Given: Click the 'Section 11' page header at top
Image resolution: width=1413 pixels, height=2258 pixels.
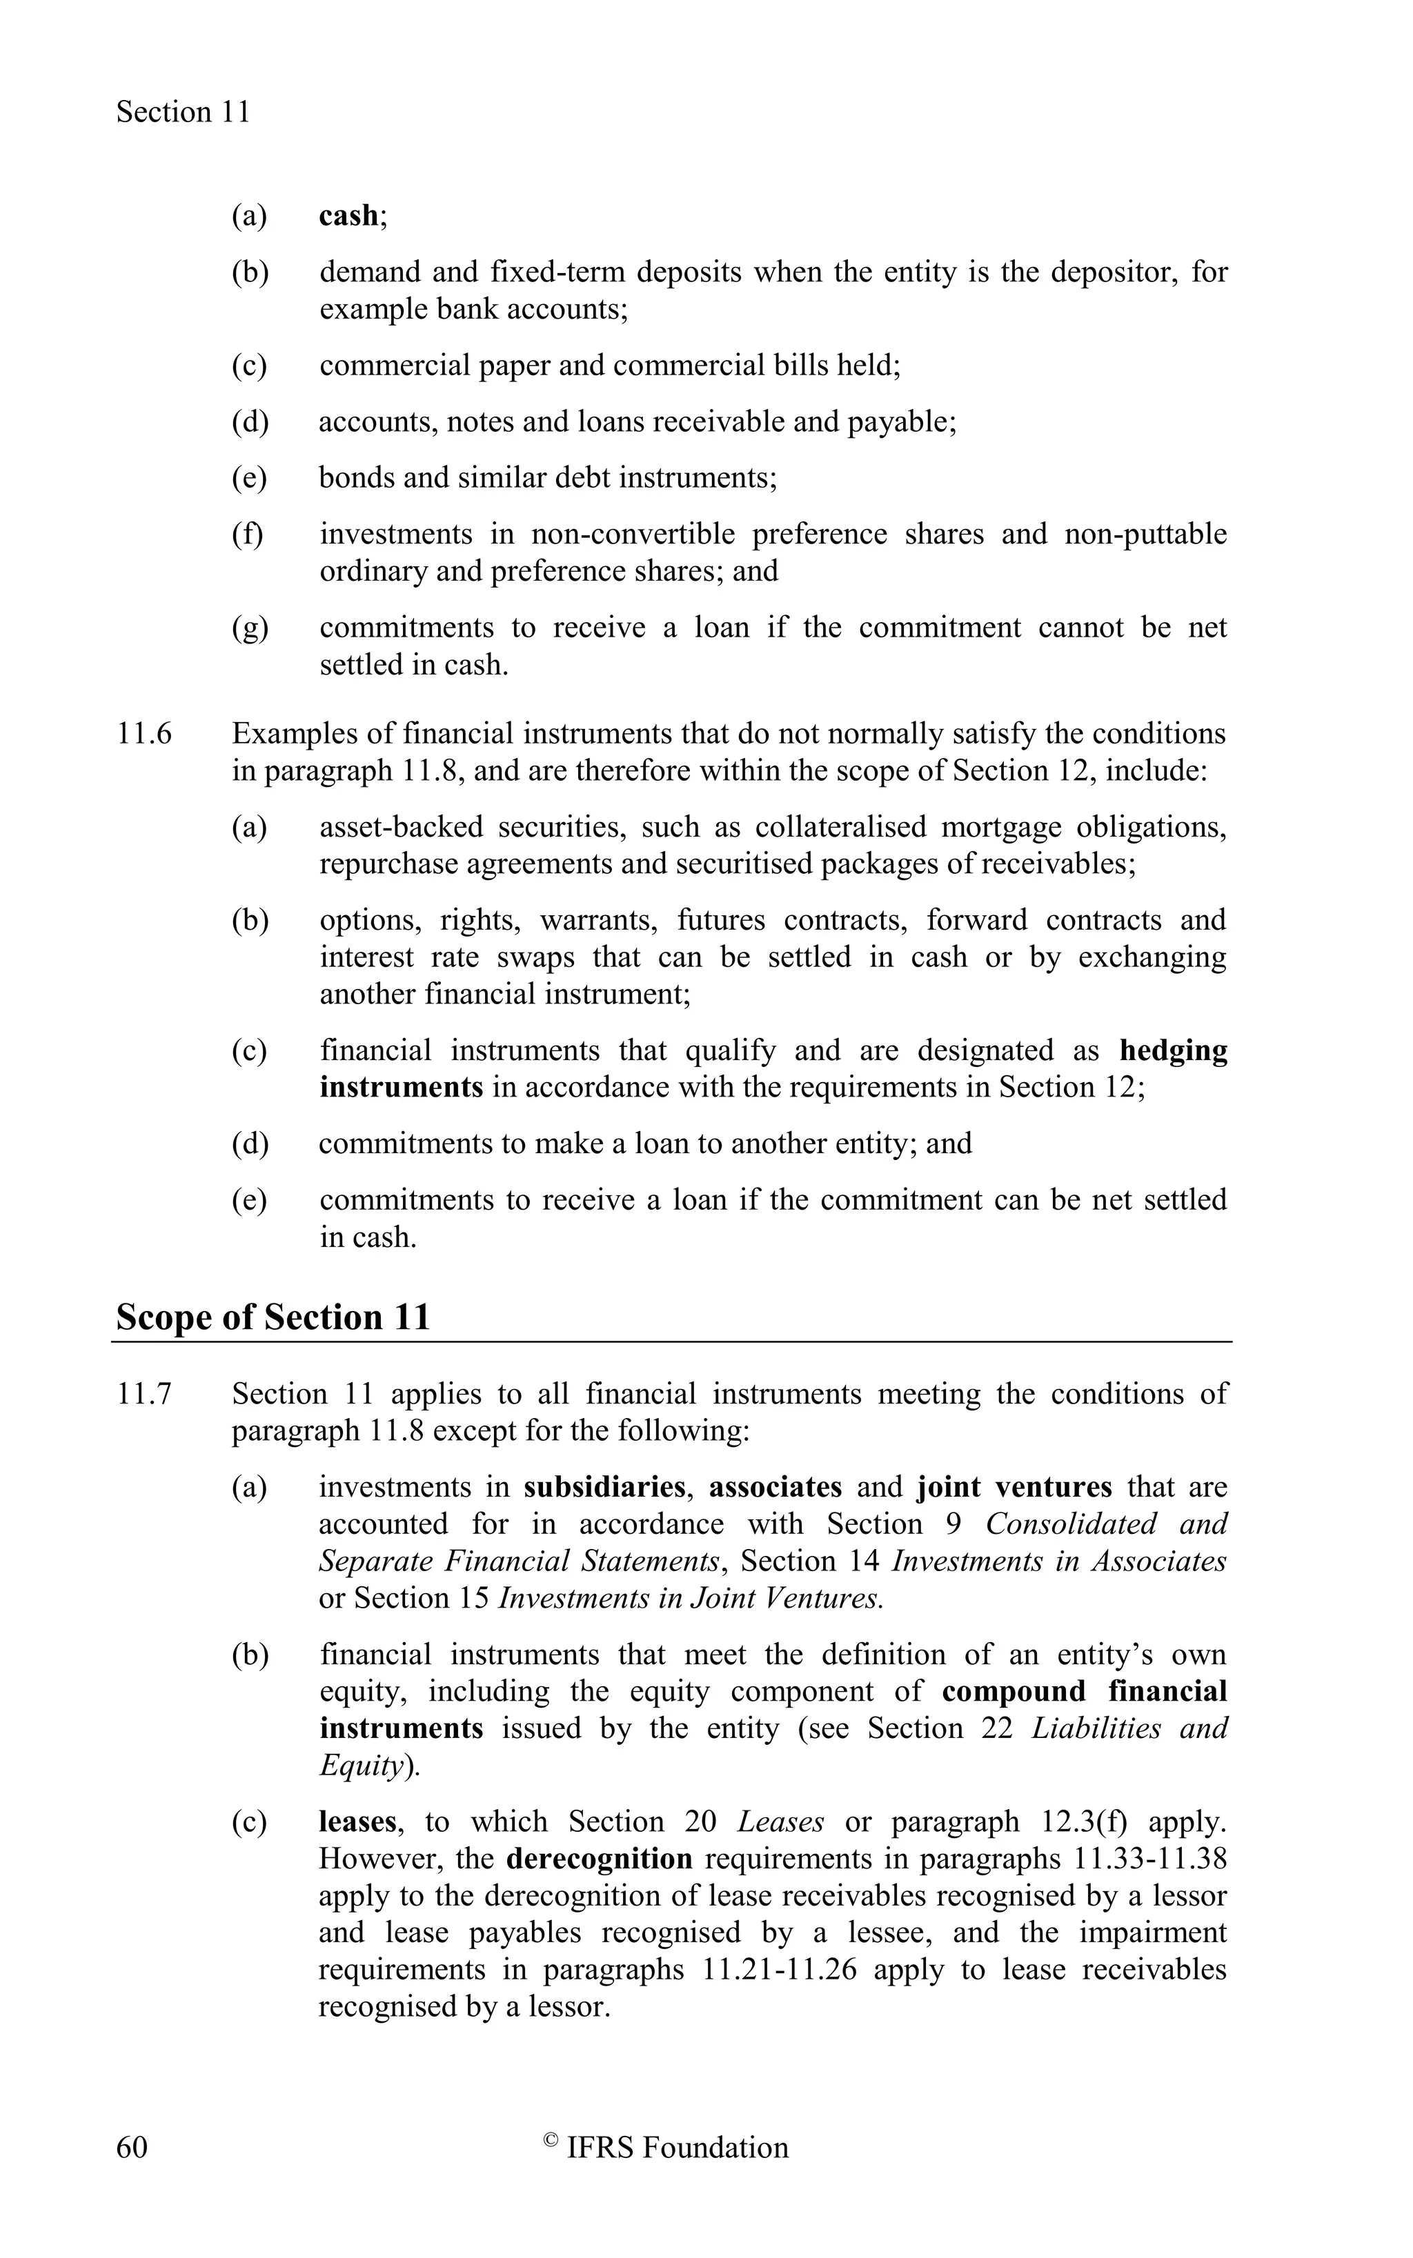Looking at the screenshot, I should point(183,112).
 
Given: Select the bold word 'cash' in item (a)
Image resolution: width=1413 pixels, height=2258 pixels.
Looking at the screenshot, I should point(348,216).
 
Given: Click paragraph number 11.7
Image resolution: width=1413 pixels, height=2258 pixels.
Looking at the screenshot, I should point(144,1394).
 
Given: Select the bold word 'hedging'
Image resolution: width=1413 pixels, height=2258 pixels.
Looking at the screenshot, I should point(1173,1050).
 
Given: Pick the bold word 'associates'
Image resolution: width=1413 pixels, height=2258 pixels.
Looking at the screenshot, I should point(775,1487).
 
